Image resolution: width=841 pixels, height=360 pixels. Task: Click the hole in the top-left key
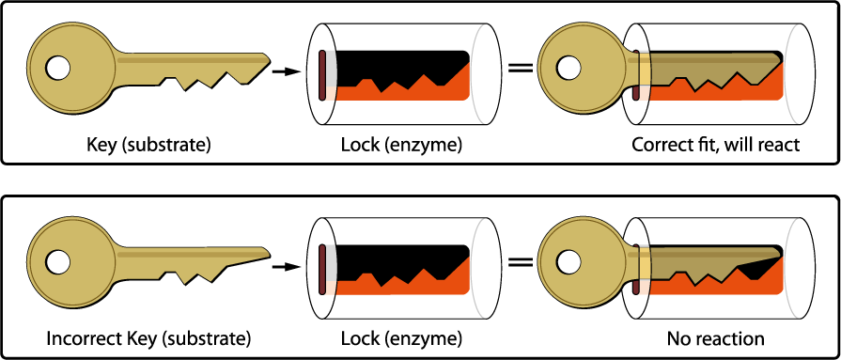(58, 68)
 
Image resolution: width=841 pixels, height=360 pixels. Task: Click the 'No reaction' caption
(715, 337)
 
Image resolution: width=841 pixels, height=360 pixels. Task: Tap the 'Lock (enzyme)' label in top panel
(401, 145)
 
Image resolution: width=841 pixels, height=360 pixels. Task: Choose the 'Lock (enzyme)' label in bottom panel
(401, 337)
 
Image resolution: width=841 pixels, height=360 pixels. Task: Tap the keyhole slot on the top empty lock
(321, 75)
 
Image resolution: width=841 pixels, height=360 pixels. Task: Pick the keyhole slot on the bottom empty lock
(321, 267)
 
